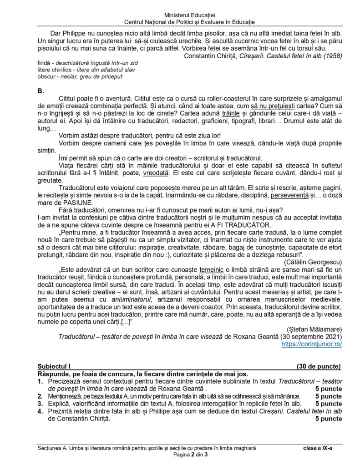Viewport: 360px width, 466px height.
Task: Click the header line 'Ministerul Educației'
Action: pos(180,15)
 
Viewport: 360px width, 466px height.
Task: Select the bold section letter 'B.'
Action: pos(41,91)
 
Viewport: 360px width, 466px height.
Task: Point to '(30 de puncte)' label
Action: pos(317,366)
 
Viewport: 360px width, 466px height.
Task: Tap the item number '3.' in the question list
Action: pos(40,403)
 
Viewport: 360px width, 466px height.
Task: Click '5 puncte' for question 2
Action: pos(328,396)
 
